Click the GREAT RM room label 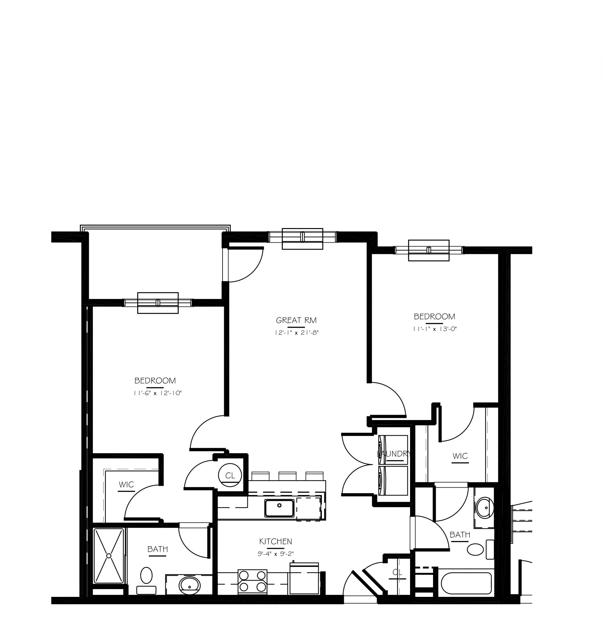[x=296, y=320]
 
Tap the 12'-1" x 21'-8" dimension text [x=296, y=333]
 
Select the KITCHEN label [x=275, y=541]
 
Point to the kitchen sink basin [x=279, y=508]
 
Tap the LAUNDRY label [x=394, y=454]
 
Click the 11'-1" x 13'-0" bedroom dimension [x=435, y=329]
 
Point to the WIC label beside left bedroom [x=126, y=484]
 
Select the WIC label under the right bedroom [x=460, y=456]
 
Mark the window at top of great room [x=302, y=238]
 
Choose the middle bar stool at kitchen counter [x=287, y=476]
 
